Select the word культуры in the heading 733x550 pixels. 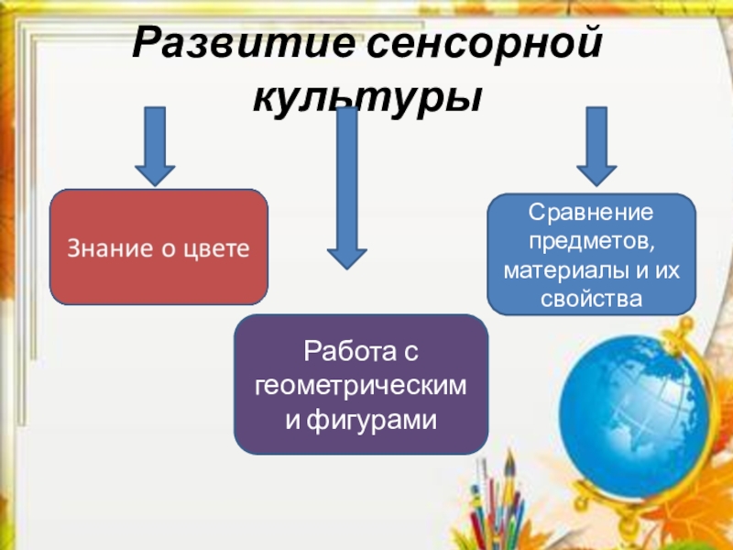pyautogui.click(x=366, y=93)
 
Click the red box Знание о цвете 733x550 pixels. pyautogui.click(x=159, y=247)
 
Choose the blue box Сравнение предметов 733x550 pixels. pyautogui.click(x=591, y=255)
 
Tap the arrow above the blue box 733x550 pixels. pyautogui.click(x=596, y=145)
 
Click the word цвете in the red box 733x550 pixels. pyautogui.click(x=218, y=247)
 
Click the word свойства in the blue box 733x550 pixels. pyautogui.click(x=591, y=299)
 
